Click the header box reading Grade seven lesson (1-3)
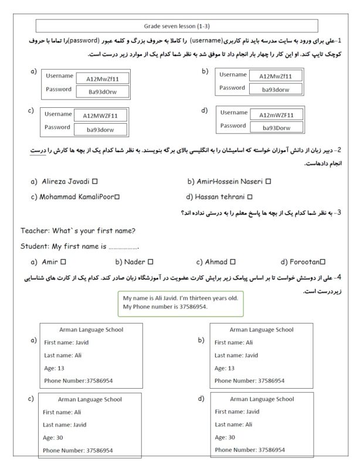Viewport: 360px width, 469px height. [x=181, y=26]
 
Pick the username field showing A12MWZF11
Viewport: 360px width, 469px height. [x=101, y=115]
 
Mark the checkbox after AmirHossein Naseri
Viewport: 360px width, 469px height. [x=268, y=182]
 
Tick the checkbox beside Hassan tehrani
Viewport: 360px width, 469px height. [x=250, y=197]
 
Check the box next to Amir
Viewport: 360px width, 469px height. [x=63, y=261]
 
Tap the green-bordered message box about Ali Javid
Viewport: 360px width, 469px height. [x=179, y=303]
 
